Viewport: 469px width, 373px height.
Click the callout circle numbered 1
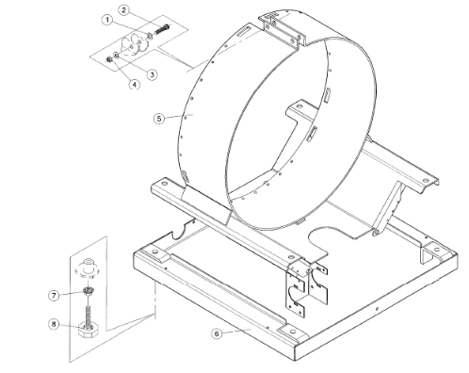pos(107,20)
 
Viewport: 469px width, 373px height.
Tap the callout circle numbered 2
pos(123,10)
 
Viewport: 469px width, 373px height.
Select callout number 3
pos(152,74)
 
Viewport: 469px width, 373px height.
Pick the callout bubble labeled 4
pos(135,85)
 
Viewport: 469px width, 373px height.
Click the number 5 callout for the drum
pos(159,119)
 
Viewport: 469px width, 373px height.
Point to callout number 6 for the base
pos(217,333)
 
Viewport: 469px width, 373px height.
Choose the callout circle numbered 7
pos(54,296)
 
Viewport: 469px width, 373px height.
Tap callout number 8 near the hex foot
pos(54,324)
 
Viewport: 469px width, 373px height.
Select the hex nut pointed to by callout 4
pos(110,58)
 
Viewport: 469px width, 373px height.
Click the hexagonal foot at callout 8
pos(89,331)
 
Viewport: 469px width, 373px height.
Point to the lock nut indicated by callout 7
pos(89,291)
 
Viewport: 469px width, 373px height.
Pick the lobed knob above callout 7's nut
pos(87,268)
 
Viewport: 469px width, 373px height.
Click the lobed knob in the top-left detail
pos(135,43)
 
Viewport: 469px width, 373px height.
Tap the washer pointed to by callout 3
pos(116,56)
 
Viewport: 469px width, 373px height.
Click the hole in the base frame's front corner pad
pos(292,332)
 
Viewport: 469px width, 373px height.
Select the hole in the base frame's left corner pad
pos(154,251)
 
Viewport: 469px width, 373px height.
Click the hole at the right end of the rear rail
pos(426,181)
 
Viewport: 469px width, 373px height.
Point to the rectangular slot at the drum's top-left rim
pos(244,31)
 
